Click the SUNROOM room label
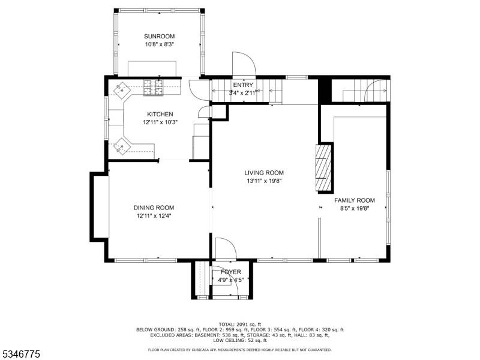pos(159,36)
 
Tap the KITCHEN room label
pos(160,114)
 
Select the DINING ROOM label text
pos(154,208)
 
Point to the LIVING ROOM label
pos(264,173)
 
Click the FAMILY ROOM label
pos(355,200)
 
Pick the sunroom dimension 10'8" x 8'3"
pos(159,44)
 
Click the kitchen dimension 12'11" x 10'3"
pos(160,122)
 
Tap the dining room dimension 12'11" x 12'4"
pos(154,216)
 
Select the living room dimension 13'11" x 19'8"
pos(264,181)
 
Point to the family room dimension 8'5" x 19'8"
pos(355,208)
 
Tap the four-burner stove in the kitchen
pos(153,87)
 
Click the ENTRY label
pos(243,85)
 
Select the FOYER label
pos(231,272)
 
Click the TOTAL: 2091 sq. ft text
pos(239,324)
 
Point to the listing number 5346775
pos(20,355)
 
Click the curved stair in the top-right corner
pos(376,90)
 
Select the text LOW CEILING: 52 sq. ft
pos(239,340)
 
